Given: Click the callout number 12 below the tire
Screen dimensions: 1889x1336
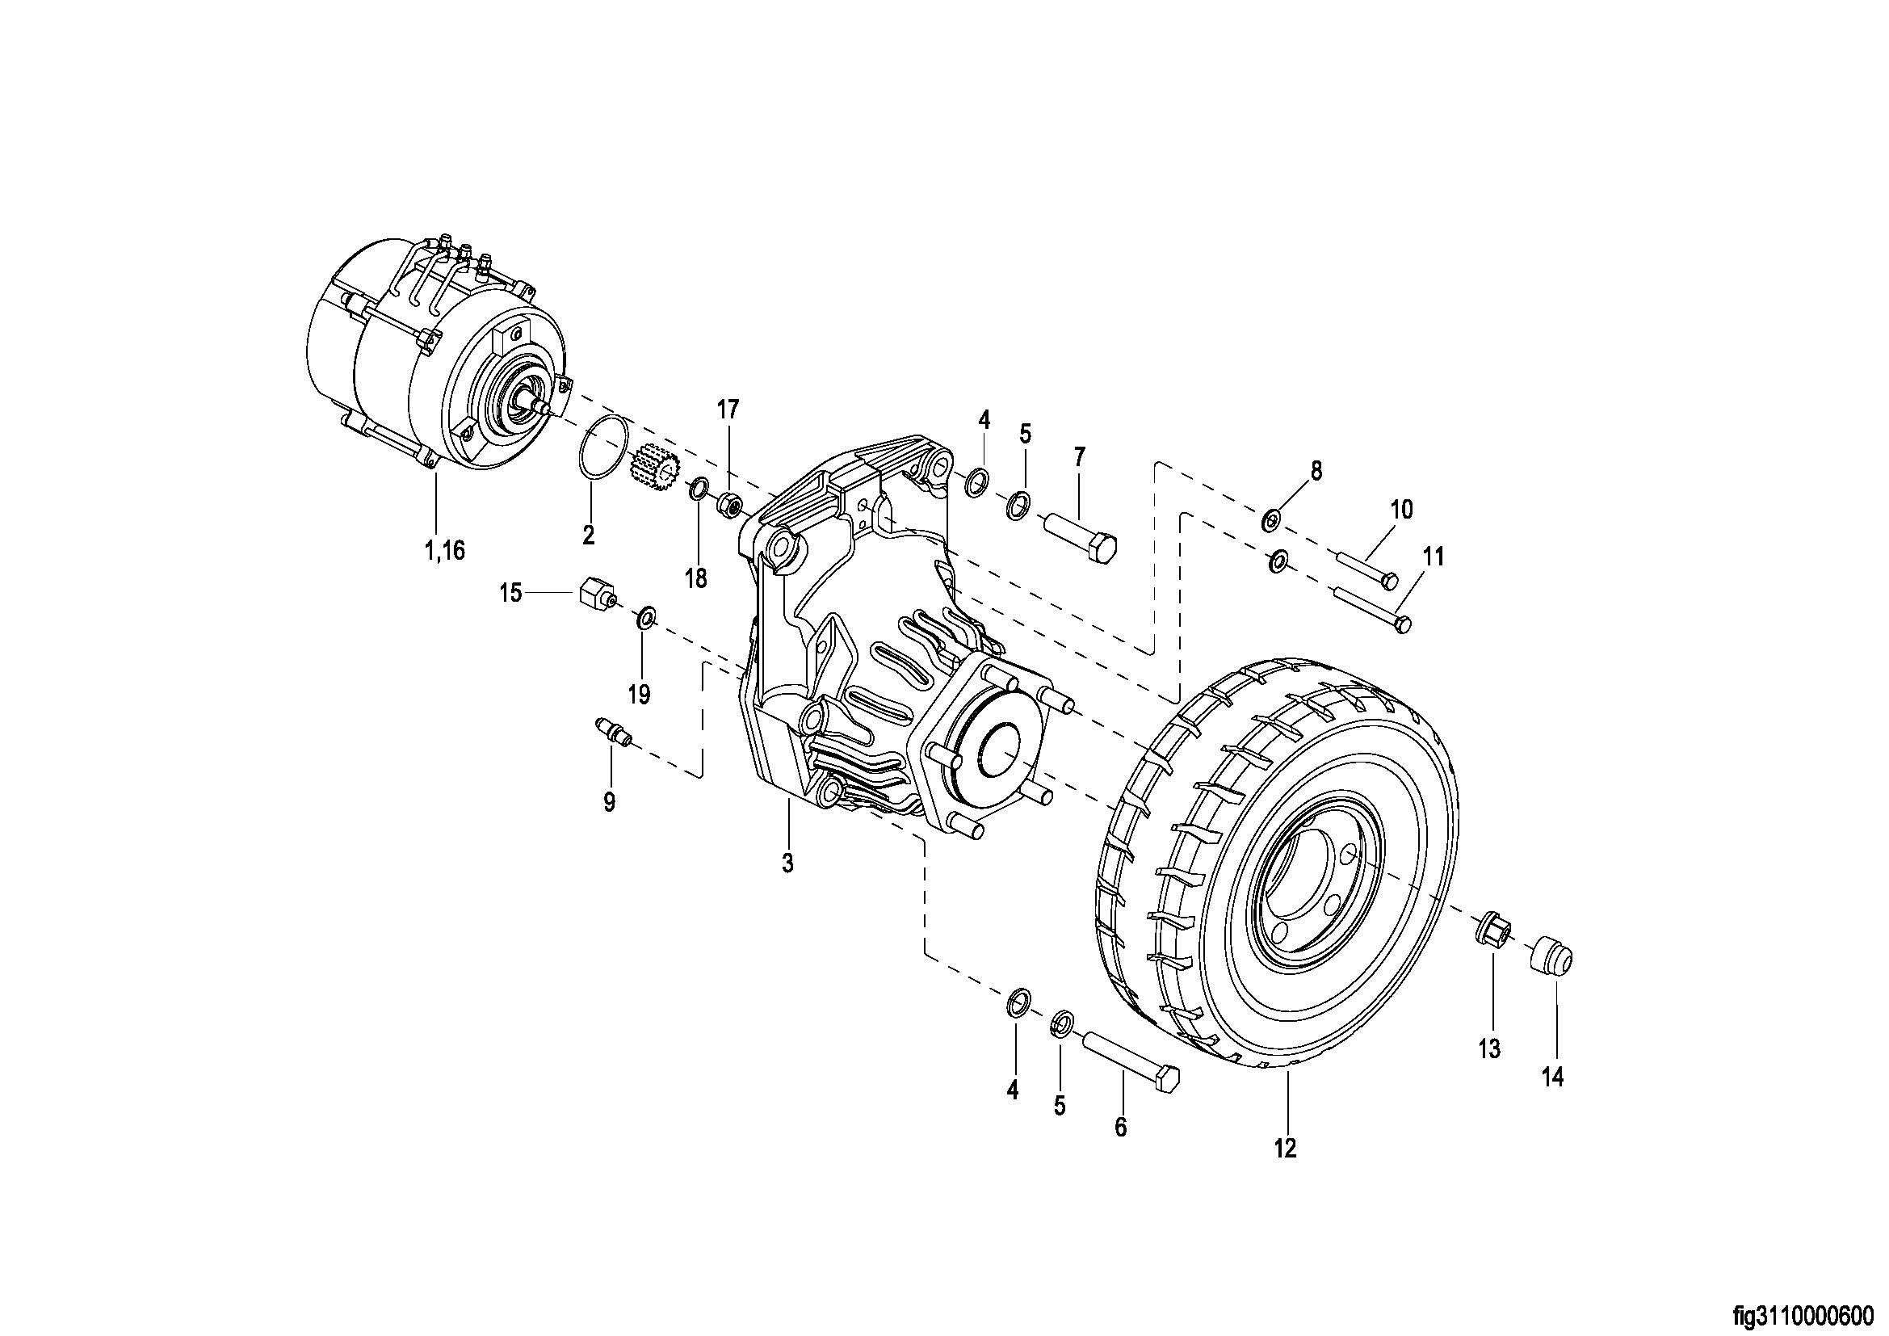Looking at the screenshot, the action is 1285,1148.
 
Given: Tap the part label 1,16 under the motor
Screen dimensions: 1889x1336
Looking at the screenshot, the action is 444,550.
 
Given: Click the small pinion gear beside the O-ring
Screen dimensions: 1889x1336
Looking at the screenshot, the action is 653,465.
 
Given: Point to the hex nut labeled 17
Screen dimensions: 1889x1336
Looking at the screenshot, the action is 730,501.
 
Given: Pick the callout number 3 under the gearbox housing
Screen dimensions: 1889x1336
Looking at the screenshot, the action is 787,863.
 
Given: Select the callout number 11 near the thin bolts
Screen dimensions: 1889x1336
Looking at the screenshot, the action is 1434,557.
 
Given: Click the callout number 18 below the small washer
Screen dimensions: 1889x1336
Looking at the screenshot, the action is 696,578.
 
